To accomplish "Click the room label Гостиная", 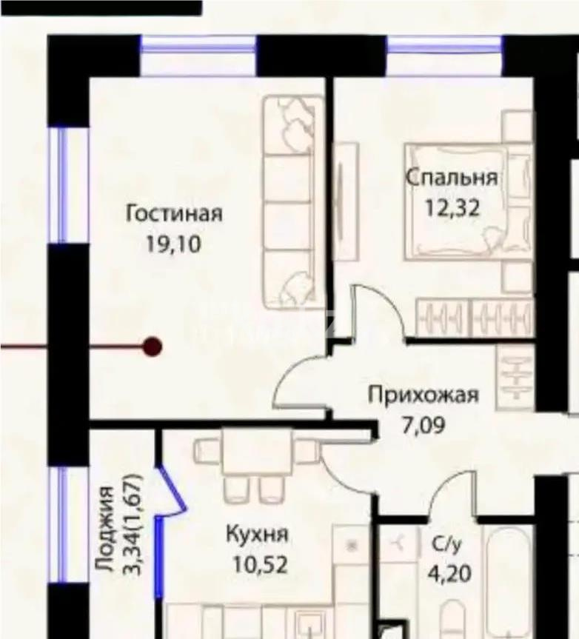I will pos(174,214).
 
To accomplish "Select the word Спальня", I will pos(451,178).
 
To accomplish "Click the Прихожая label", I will pos(424,395).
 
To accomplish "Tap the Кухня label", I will pos(257,535).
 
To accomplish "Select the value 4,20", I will pos(447,574).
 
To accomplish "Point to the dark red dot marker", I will pos(153,346).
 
